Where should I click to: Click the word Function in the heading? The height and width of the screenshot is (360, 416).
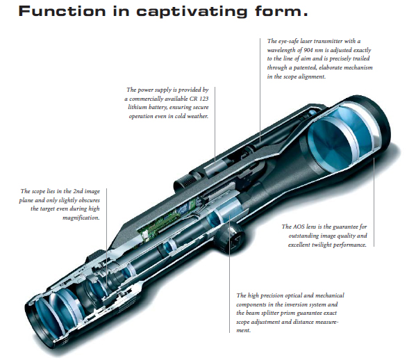click(x=62, y=11)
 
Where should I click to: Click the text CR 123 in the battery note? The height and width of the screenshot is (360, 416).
click(x=199, y=99)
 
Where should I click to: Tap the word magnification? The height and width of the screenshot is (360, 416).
click(x=81, y=218)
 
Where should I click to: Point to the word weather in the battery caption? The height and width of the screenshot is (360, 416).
click(x=198, y=116)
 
